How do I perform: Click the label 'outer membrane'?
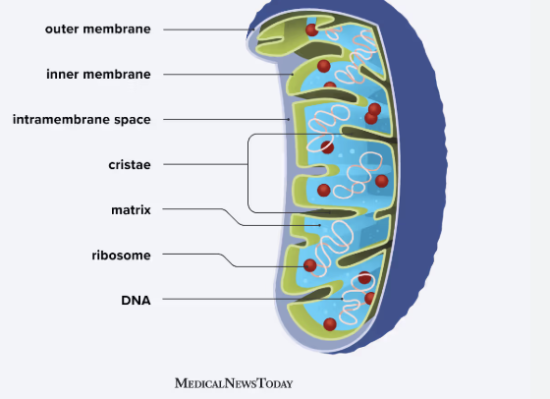click(x=97, y=28)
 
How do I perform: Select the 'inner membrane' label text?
click(x=98, y=74)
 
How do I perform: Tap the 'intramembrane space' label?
click(x=82, y=120)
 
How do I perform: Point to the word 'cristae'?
click(x=129, y=165)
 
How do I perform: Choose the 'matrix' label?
click(x=131, y=209)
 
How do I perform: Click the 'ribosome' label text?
click(x=121, y=255)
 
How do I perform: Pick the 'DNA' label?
click(x=136, y=300)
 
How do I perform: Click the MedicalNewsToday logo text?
click(x=233, y=382)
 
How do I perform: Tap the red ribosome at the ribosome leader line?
click(x=310, y=265)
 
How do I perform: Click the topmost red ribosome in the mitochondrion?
click(x=311, y=30)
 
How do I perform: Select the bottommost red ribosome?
click(x=330, y=323)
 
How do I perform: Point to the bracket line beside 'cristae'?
click(x=247, y=172)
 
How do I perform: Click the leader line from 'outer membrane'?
click(x=206, y=29)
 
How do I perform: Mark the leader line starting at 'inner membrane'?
click(x=226, y=74)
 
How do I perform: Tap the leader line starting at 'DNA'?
click(x=246, y=300)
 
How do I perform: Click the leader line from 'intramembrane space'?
click(x=226, y=120)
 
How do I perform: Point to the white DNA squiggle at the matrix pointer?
click(x=339, y=236)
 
